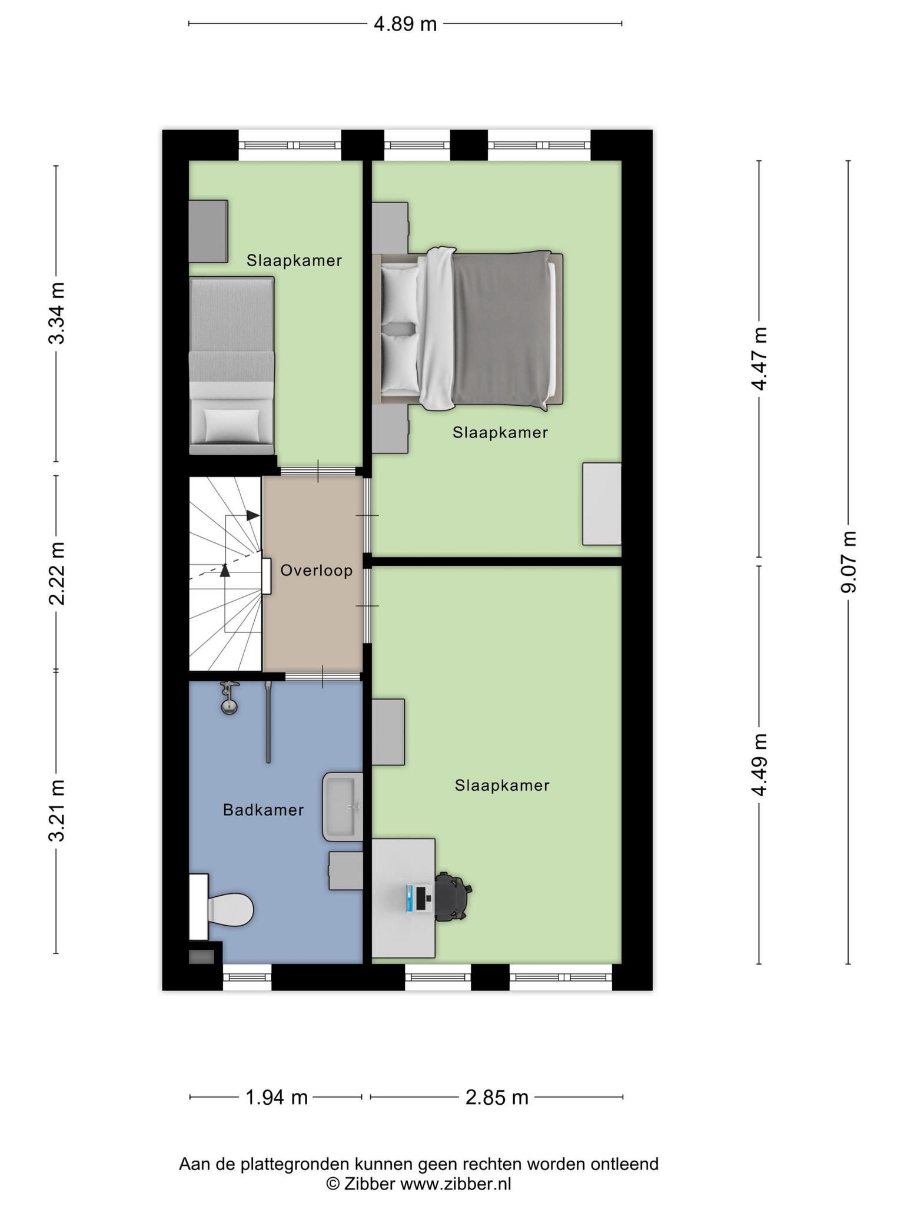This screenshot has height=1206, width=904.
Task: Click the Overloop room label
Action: pos(316,571)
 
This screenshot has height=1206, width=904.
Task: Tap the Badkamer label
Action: pos(263,810)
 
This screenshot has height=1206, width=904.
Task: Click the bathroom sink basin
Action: pos(342,807)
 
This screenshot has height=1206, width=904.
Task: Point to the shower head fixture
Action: pos(229,698)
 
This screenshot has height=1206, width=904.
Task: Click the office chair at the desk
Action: pos(453,897)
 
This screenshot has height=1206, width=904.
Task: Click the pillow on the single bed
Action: pos(231,424)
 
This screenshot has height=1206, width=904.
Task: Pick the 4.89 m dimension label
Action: pos(406,24)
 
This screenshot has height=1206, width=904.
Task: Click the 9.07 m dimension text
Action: pos(848,562)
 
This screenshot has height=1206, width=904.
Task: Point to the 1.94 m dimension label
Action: pos(276,1098)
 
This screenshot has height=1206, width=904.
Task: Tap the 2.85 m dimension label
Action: pos(497,1098)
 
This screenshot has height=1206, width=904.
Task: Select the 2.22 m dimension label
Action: pos(56,574)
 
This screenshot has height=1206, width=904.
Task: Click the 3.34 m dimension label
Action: pos(56,313)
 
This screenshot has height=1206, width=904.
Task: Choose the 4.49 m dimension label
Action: pos(759,765)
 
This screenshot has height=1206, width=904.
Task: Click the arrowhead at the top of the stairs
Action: pos(253,515)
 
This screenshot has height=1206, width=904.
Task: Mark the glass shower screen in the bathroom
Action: pos(268,723)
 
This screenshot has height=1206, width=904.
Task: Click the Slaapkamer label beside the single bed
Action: pos(294,260)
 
